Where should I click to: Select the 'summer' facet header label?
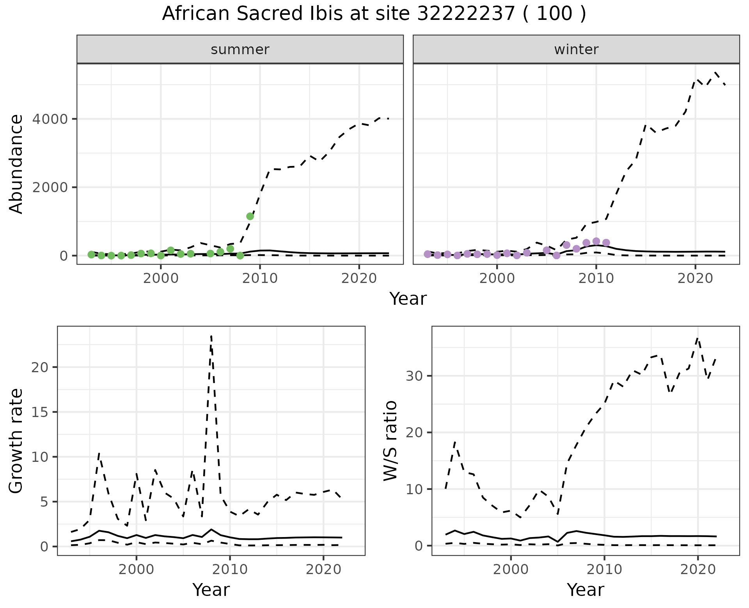pyautogui.click(x=240, y=49)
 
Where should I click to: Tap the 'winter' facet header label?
pyautogui.click(x=576, y=49)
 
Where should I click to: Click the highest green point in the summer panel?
pyautogui.click(x=250, y=216)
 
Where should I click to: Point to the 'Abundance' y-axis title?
pyautogui.click(x=16, y=164)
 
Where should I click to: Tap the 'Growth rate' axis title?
pyautogui.click(x=16, y=441)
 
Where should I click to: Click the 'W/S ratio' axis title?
pyautogui.click(x=390, y=441)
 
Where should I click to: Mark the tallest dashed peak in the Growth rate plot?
pyautogui.click(x=211, y=336)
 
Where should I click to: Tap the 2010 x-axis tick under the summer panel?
pyautogui.click(x=260, y=279)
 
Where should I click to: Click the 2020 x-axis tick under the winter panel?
pyautogui.click(x=695, y=279)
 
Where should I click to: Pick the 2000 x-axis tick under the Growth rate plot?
pyautogui.click(x=136, y=569)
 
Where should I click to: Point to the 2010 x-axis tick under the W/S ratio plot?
pyautogui.click(x=604, y=569)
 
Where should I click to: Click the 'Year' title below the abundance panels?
pyautogui.click(x=408, y=299)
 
